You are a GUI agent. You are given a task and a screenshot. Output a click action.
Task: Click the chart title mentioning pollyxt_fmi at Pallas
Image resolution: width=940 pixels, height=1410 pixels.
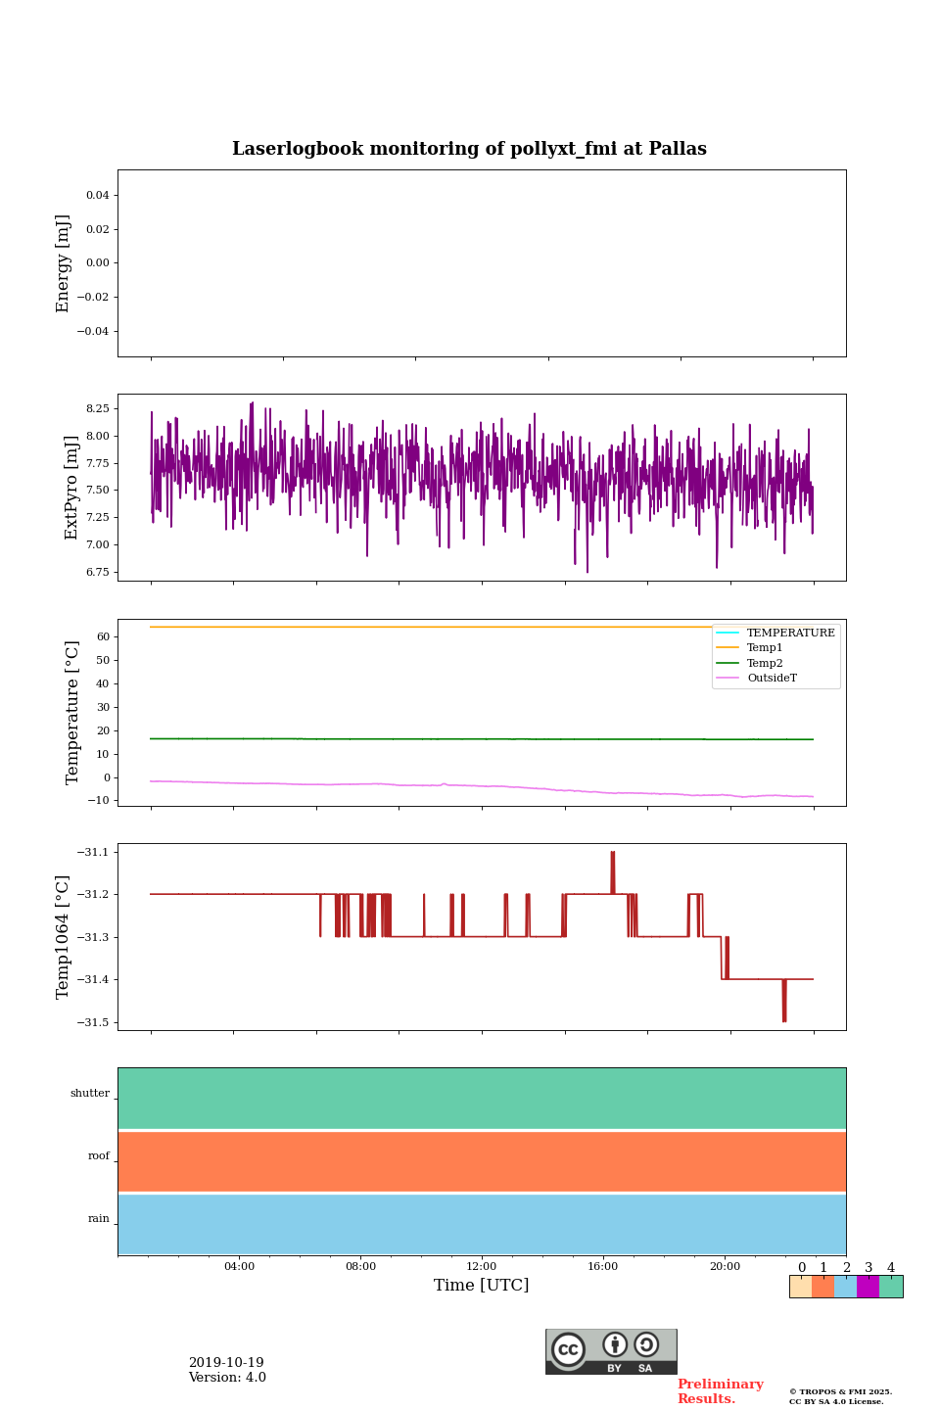pos(469,149)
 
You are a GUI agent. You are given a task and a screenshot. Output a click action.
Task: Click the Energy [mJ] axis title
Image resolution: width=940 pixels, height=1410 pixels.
pos(64,263)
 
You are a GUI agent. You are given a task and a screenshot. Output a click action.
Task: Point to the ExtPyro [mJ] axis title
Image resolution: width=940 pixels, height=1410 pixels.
pos(70,488)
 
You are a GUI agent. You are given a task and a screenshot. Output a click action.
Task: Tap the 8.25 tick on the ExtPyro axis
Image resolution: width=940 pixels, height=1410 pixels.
pos(97,408)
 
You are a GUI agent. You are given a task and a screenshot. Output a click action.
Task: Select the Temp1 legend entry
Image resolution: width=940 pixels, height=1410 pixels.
pos(765,648)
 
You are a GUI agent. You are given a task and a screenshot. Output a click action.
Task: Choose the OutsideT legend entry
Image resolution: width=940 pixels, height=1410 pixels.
pos(772,679)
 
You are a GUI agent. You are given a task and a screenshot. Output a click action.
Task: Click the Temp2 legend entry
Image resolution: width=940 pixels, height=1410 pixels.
pos(765,663)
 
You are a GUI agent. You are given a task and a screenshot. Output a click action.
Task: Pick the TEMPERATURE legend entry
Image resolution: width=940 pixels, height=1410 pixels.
pos(790,633)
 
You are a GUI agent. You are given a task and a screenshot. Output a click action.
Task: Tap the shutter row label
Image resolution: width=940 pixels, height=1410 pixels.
pos(90,1094)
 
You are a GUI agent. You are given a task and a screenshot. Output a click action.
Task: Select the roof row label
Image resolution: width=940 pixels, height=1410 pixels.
pos(99,1156)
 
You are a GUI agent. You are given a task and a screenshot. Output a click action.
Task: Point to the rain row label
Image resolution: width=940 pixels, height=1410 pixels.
pos(99,1219)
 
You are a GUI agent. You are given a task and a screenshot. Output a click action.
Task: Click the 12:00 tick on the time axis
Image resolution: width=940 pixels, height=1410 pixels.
pos(482,1267)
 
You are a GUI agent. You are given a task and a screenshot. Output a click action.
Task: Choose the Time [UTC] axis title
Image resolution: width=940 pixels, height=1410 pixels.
pos(482,1286)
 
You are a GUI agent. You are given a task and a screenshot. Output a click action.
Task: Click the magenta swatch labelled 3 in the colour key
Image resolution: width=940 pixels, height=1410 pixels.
pos(868,1287)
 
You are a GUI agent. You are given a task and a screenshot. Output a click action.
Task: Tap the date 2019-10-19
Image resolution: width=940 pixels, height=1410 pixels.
pos(226,1363)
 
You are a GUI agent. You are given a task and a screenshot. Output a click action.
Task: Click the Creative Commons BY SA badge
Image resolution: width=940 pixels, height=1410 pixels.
pos(611,1351)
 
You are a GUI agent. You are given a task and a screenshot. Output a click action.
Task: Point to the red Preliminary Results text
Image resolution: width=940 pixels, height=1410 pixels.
pos(720,1391)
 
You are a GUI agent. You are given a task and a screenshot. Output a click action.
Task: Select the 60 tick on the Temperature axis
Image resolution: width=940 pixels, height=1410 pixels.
pos(103,636)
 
